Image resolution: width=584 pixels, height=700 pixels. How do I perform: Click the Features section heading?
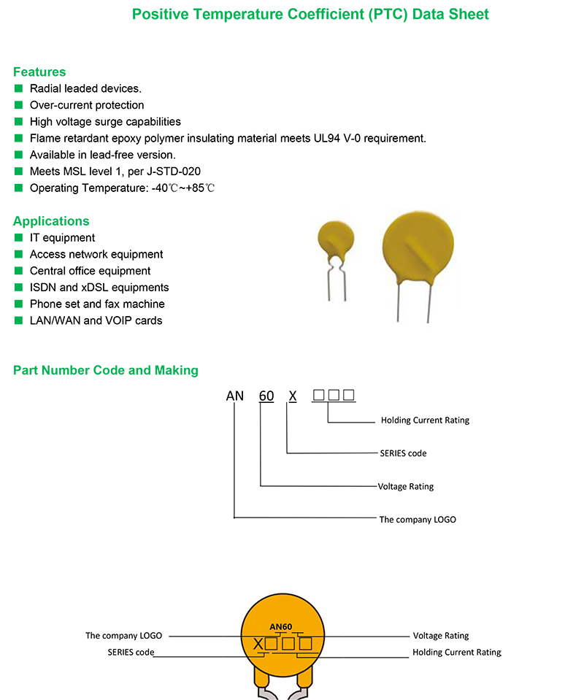click(x=39, y=72)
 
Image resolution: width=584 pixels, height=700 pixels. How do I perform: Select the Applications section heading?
click(x=51, y=221)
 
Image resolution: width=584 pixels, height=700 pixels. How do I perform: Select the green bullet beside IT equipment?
click(x=18, y=238)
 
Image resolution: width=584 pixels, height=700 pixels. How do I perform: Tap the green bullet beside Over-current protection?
click(x=18, y=105)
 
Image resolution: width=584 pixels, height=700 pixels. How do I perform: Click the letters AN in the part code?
click(x=234, y=396)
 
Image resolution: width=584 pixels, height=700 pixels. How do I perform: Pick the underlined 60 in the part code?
click(x=266, y=396)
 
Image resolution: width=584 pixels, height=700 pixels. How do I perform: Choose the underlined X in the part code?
click(x=293, y=396)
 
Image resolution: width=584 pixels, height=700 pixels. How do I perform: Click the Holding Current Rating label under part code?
click(x=425, y=420)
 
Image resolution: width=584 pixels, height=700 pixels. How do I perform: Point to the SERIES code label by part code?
click(x=403, y=453)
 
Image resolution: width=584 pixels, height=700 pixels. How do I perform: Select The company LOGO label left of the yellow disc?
click(x=123, y=636)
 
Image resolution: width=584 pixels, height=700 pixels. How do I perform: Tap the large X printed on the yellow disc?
click(x=258, y=645)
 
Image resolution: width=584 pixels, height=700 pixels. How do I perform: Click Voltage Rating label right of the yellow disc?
click(x=441, y=636)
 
